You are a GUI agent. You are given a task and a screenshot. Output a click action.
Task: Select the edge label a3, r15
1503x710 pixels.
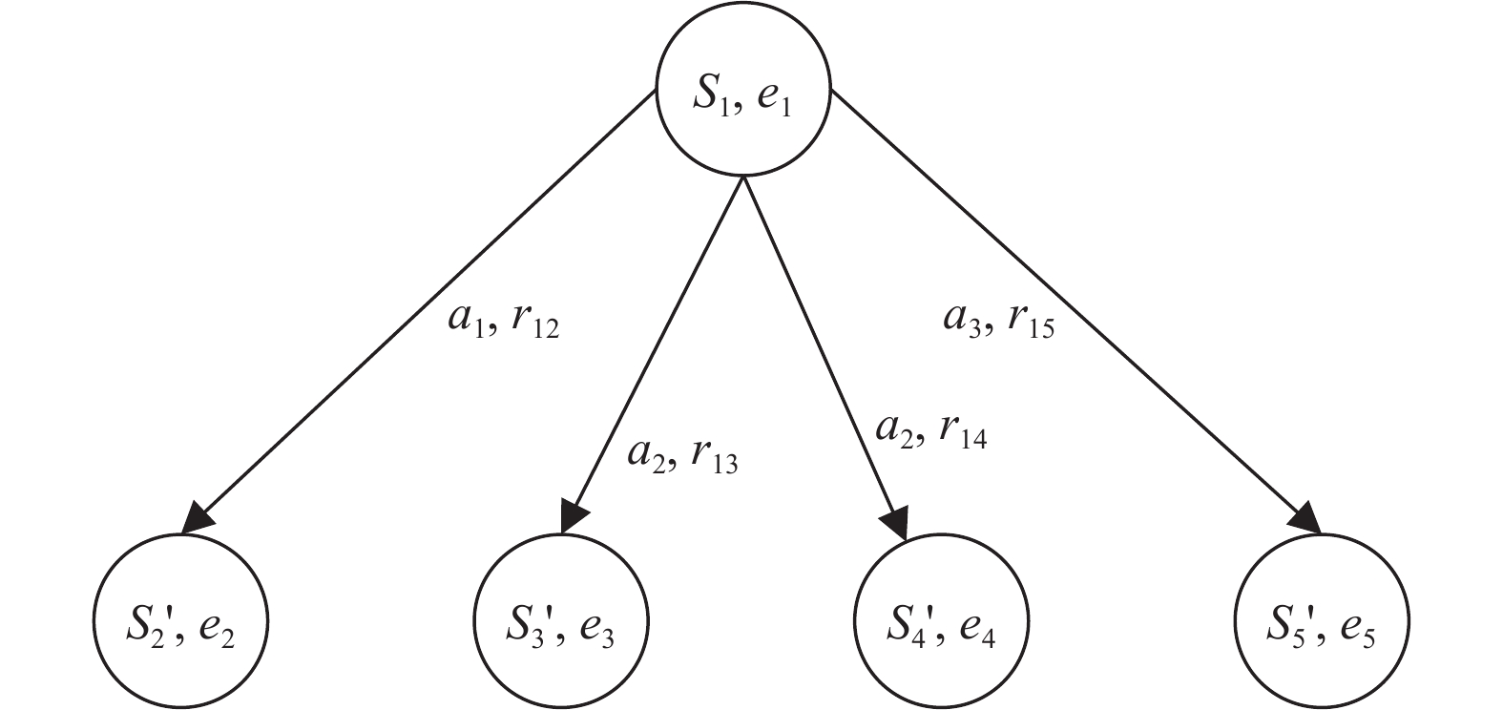(998, 322)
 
